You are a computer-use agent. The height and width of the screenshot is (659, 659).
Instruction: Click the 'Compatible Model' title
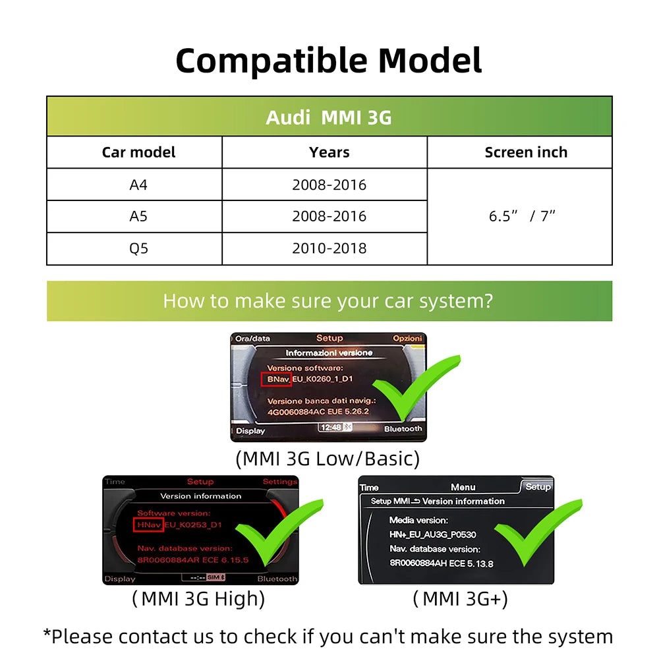tap(328, 61)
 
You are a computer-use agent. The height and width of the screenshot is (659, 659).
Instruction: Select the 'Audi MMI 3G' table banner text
tap(328, 117)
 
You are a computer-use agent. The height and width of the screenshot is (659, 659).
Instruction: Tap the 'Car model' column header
tap(138, 152)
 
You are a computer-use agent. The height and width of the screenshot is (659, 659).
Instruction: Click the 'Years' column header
tap(329, 152)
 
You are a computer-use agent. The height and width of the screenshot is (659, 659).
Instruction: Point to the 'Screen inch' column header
tap(525, 152)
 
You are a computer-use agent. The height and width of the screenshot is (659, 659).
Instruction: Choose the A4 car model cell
tap(138, 185)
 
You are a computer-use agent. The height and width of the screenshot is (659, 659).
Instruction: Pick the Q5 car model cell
tap(138, 248)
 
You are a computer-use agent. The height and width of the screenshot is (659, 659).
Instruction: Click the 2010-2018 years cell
tap(329, 248)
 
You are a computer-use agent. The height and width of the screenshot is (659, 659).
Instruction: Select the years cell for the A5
tap(329, 216)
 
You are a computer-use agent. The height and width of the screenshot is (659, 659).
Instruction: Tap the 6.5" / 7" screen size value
tap(522, 216)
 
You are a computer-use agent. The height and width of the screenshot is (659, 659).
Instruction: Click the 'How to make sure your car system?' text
tap(328, 301)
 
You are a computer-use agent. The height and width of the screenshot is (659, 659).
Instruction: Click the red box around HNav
tap(148, 525)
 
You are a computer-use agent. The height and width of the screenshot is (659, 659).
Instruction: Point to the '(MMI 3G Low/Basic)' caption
tap(328, 458)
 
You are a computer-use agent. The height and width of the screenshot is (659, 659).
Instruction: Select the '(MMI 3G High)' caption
tap(198, 598)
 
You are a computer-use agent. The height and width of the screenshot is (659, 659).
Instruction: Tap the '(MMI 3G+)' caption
tap(460, 598)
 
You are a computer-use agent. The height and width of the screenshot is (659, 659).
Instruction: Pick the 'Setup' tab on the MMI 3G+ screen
tap(538, 487)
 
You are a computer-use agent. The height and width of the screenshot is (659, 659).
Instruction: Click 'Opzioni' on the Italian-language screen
tap(407, 338)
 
